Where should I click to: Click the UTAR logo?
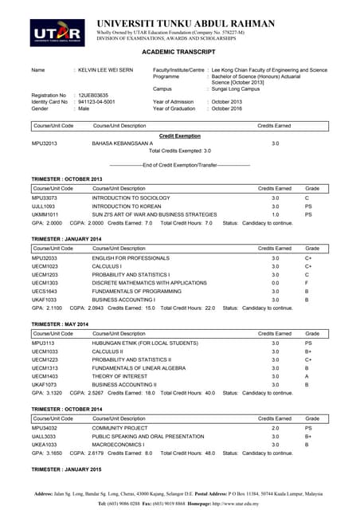pos(58,31)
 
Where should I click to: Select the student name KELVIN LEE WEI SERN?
pos(108,70)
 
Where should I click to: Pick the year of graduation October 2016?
pos(232,108)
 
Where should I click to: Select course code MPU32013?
pos(45,143)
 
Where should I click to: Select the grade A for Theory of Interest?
pos(307,375)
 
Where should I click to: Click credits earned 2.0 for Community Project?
pos(276,428)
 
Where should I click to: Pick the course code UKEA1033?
pos(45,445)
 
